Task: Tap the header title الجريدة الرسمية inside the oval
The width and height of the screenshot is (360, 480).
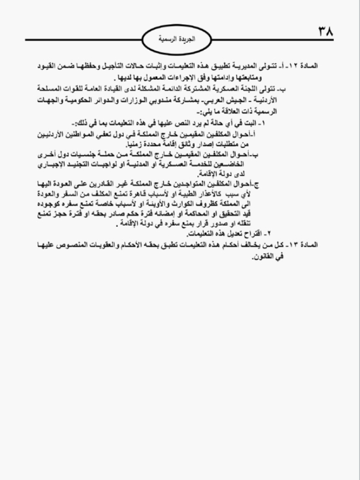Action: coord(180,40)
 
